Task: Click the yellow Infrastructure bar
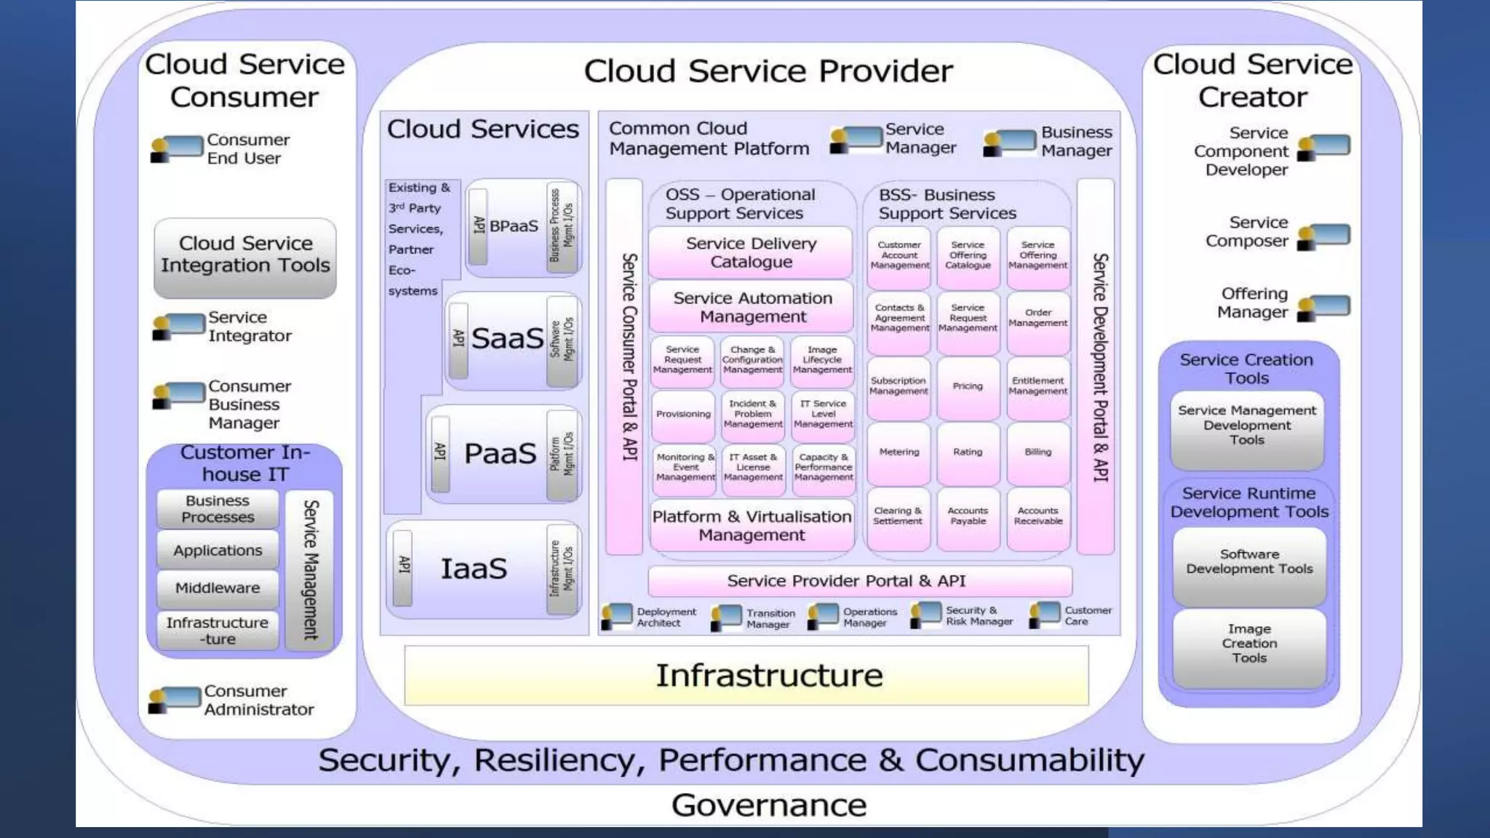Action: coord(746,675)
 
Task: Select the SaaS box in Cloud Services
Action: coord(507,339)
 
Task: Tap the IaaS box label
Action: coord(474,569)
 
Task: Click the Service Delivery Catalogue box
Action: coord(751,252)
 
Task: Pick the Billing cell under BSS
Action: coord(1038,452)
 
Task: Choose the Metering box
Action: coord(899,452)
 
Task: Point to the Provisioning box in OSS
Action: coord(682,414)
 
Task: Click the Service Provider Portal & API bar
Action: coord(860,581)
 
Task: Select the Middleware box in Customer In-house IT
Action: coord(218,588)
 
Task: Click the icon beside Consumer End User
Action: coord(177,148)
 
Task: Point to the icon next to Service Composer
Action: coord(1323,236)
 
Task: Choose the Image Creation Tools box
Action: coord(1249,645)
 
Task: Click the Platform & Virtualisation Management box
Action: coord(752,526)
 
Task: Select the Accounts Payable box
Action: coord(968,516)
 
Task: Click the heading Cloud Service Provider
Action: coord(768,71)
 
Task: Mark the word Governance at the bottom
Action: coord(768,805)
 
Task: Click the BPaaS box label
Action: coord(514,226)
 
